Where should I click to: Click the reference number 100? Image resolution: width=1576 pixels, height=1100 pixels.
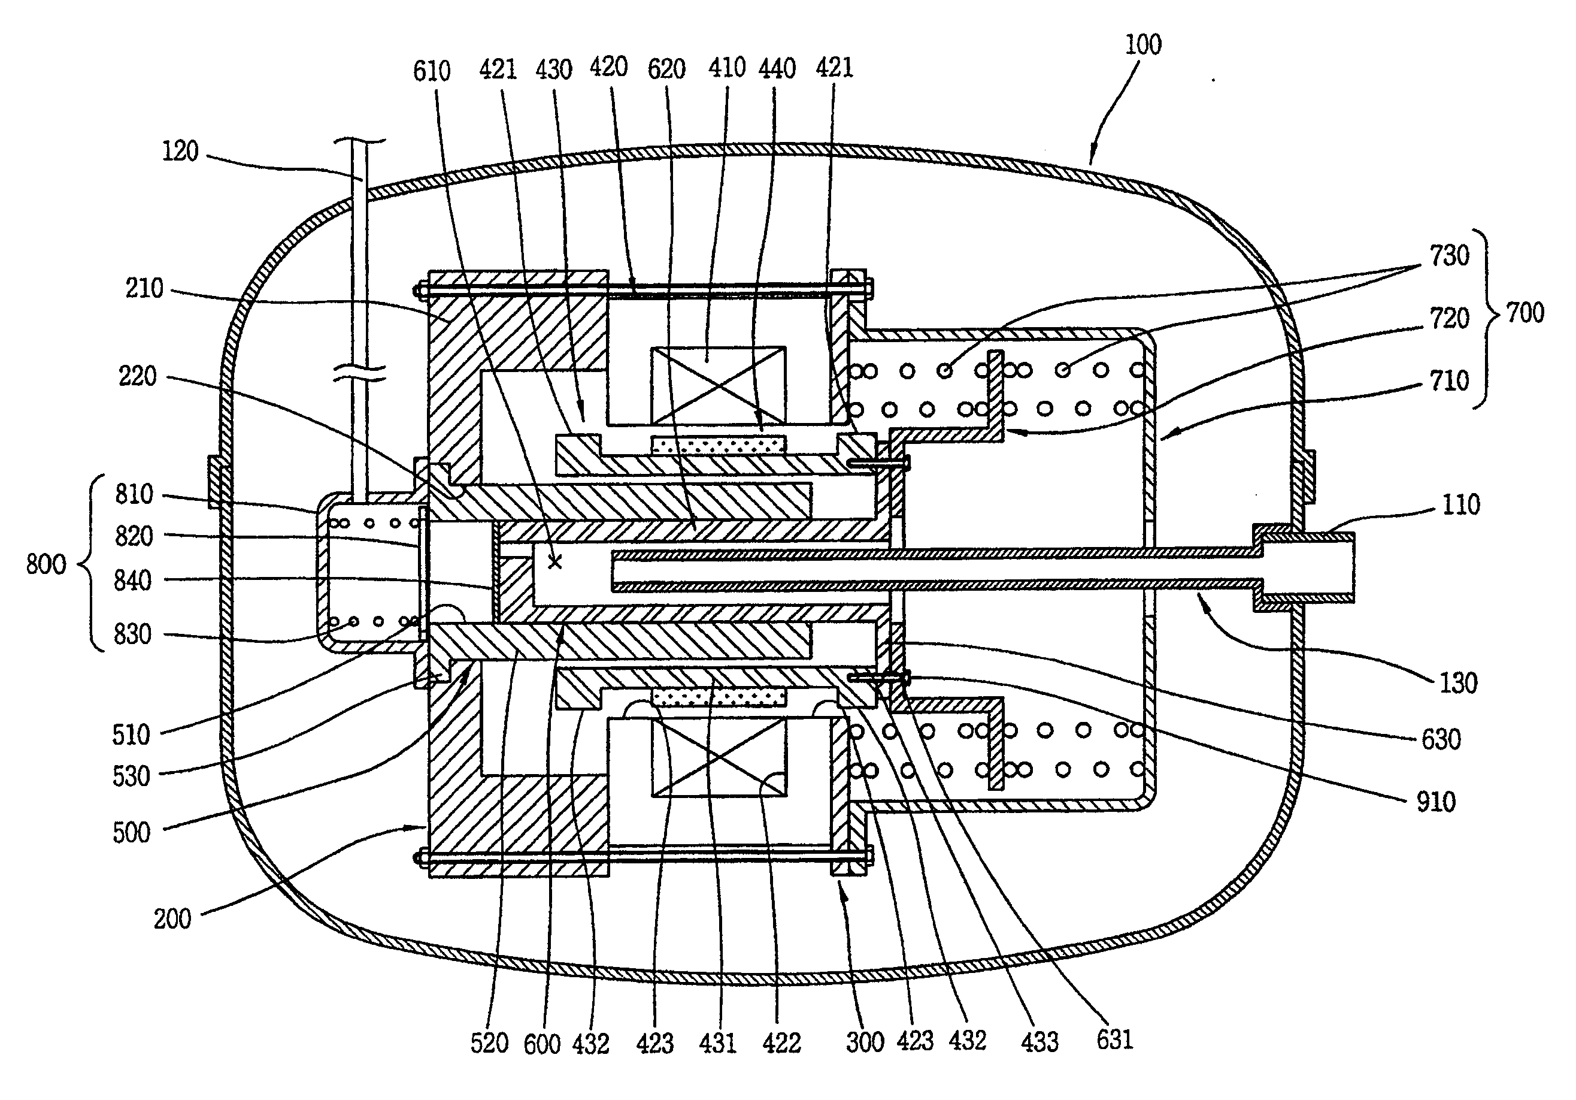pos(1144,46)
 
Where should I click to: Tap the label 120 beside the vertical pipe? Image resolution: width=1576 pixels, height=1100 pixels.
pos(180,151)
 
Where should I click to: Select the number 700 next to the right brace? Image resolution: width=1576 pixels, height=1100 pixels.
pos(1525,313)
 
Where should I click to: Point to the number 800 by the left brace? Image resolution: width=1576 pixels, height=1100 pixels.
pos(46,564)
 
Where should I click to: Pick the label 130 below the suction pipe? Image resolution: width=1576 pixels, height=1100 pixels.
pos(1458,683)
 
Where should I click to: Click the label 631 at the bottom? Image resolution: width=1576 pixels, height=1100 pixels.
pos(1115,1039)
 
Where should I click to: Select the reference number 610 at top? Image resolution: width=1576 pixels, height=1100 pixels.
pos(432,71)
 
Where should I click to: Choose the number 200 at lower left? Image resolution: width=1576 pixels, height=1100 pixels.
pos(172,918)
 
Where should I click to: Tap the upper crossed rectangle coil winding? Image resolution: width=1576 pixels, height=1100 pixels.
pos(718,385)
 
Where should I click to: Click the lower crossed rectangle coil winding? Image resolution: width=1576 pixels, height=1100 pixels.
pos(718,757)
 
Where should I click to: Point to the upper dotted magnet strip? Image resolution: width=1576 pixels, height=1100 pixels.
pos(718,445)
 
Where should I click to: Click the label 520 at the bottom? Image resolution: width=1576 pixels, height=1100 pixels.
pos(489,1044)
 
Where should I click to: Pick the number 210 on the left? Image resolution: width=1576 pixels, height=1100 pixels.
pos(144,288)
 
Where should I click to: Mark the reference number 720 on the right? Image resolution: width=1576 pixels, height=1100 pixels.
pos(1450,319)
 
